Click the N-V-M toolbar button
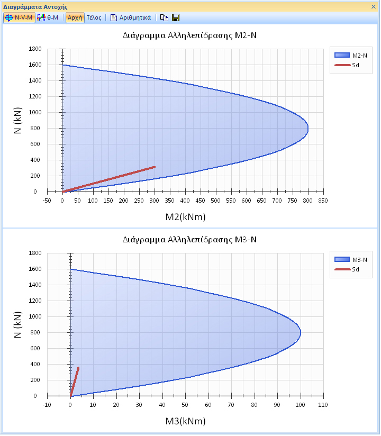tap(19, 17)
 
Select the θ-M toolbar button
tap(48, 17)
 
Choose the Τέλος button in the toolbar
tap(94, 17)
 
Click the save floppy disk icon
tap(176, 17)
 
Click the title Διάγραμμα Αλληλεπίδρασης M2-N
tap(190, 35)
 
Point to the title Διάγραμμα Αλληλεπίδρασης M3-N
tap(190, 240)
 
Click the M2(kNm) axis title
tap(185, 217)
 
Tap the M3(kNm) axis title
tap(185, 421)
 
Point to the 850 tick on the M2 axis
tap(322, 201)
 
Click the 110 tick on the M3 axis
tap(322, 405)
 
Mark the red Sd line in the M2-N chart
tap(108, 179)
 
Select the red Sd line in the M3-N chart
tap(75, 381)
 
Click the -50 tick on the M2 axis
tap(47, 201)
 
